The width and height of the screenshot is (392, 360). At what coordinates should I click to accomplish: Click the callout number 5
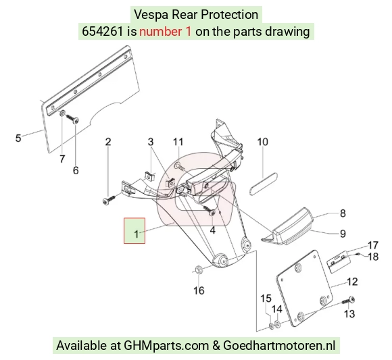18,138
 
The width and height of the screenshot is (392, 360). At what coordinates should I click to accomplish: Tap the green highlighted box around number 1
134,230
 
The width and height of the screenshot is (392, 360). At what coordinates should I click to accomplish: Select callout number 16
199,290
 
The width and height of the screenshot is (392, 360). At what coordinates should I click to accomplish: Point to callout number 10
262,142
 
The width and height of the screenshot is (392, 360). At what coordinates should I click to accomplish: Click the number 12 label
353,282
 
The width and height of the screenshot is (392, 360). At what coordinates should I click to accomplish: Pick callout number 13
349,314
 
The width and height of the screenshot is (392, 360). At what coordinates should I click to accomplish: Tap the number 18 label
374,257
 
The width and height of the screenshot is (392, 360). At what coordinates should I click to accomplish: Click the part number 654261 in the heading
103,32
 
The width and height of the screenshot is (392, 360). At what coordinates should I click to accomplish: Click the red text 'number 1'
166,32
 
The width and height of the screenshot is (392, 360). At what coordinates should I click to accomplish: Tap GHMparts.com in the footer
166,346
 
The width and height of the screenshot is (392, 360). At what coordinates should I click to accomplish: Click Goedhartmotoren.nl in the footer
279,346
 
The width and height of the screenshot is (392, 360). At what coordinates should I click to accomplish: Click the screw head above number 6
76,121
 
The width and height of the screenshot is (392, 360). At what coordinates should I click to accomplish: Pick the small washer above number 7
62,113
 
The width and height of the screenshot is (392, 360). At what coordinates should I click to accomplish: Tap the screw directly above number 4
210,210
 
